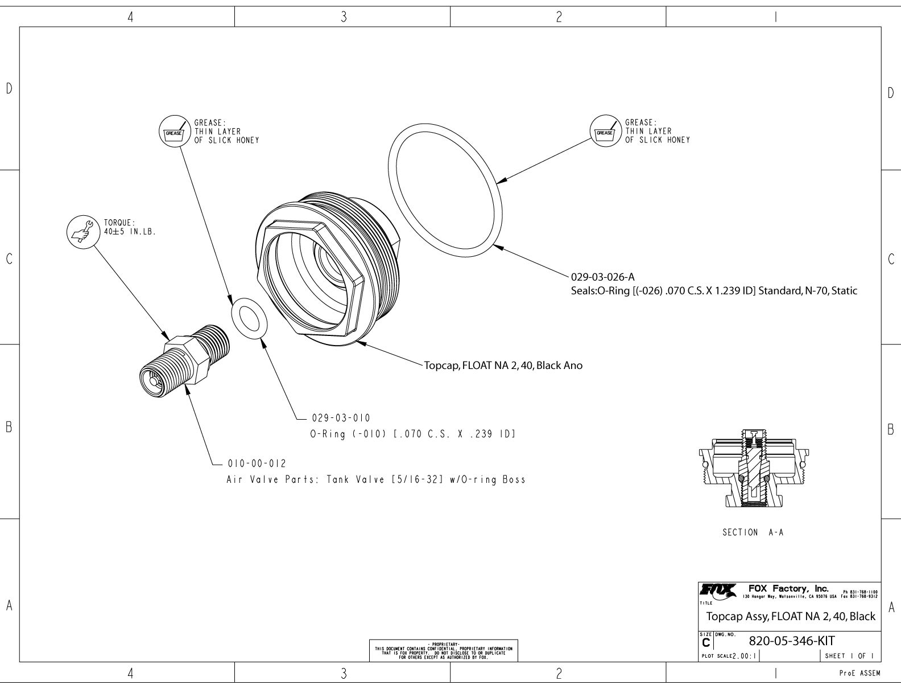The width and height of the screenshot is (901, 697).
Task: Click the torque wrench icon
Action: [83, 232]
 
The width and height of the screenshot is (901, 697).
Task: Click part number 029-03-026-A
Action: [602, 278]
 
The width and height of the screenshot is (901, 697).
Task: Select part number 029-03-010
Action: [341, 418]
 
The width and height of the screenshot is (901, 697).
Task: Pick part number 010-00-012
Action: [257, 463]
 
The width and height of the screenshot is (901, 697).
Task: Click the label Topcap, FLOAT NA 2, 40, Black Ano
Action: [503, 366]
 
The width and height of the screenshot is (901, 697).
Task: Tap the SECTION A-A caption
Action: [753, 532]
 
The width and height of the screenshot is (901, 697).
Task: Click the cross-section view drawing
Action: [753, 468]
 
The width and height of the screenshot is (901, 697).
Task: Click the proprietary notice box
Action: [444, 650]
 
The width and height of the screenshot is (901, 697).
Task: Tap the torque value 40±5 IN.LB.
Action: [130, 232]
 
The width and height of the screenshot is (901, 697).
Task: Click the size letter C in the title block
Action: [706, 643]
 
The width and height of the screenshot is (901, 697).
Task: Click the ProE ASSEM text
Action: [859, 674]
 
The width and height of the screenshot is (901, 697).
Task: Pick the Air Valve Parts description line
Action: [375, 479]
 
